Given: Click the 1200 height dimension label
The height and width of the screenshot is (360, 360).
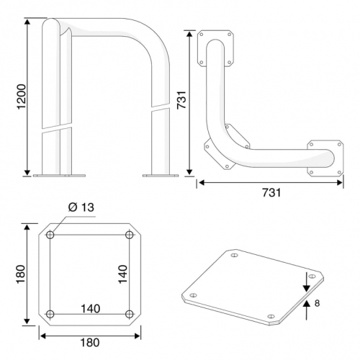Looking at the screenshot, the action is (22, 96).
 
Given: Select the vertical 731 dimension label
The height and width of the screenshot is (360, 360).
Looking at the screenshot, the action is (181, 100).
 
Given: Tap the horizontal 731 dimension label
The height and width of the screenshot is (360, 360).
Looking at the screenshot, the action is (271, 192).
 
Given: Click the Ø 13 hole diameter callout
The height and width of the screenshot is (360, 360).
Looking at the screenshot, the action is (81, 207).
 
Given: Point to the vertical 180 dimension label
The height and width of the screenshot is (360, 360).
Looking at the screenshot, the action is (21, 274).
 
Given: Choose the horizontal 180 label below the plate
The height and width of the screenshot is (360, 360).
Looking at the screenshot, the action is (90, 343).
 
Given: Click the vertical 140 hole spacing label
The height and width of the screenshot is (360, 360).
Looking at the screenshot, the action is (123, 274).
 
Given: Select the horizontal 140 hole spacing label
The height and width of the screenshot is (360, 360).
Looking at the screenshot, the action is (91, 309).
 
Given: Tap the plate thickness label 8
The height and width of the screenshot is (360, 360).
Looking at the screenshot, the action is (317, 303).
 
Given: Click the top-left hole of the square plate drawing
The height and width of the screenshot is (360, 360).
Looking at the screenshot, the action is (50, 235).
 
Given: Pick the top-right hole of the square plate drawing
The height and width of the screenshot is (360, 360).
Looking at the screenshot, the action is (130, 235).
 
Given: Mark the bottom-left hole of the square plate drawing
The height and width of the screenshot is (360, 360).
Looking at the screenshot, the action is (50, 314).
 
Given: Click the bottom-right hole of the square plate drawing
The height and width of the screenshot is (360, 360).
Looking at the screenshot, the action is (130, 314).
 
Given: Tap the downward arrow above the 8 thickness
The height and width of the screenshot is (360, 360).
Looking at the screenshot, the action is (306, 282).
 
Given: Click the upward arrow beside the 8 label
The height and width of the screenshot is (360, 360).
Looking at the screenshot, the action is (306, 310).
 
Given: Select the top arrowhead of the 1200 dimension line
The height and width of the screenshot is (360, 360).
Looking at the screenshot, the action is (27, 22).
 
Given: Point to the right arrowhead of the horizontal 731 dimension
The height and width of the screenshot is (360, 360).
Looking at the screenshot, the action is (339, 183).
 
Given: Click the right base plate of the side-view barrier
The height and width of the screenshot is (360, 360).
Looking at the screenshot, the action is (161, 176).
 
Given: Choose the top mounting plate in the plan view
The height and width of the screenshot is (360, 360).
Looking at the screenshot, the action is (215, 48).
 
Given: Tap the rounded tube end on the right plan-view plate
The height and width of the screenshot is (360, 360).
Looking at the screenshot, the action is (330, 158).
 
